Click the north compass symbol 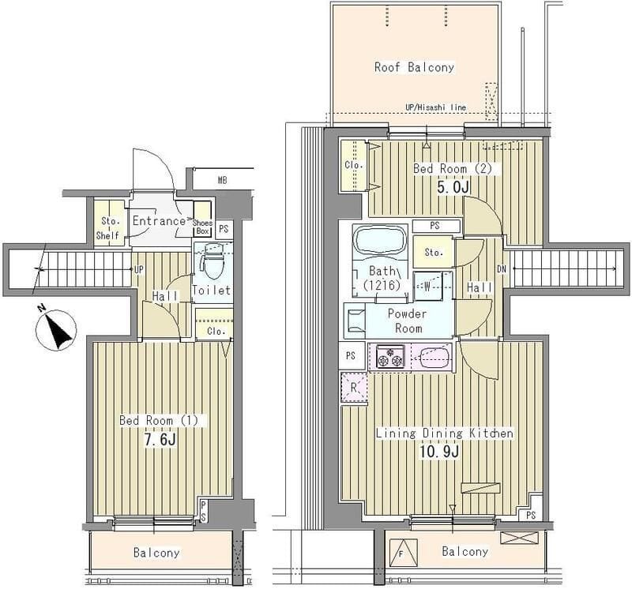point(56,328)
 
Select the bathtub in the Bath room point(379,241)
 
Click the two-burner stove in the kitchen point(389,357)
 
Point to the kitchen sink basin point(434,357)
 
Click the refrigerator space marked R point(354,388)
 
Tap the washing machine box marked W point(427,286)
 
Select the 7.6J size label point(160,440)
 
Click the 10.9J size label point(439,452)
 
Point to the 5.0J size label point(454,187)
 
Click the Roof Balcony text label point(414,67)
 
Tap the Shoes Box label point(202,227)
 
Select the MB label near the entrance point(222,181)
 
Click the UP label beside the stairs point(139,269)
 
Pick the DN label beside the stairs point(502,269)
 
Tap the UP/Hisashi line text point(436,107)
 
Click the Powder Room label point(408,321)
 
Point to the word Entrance point(159,221)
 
